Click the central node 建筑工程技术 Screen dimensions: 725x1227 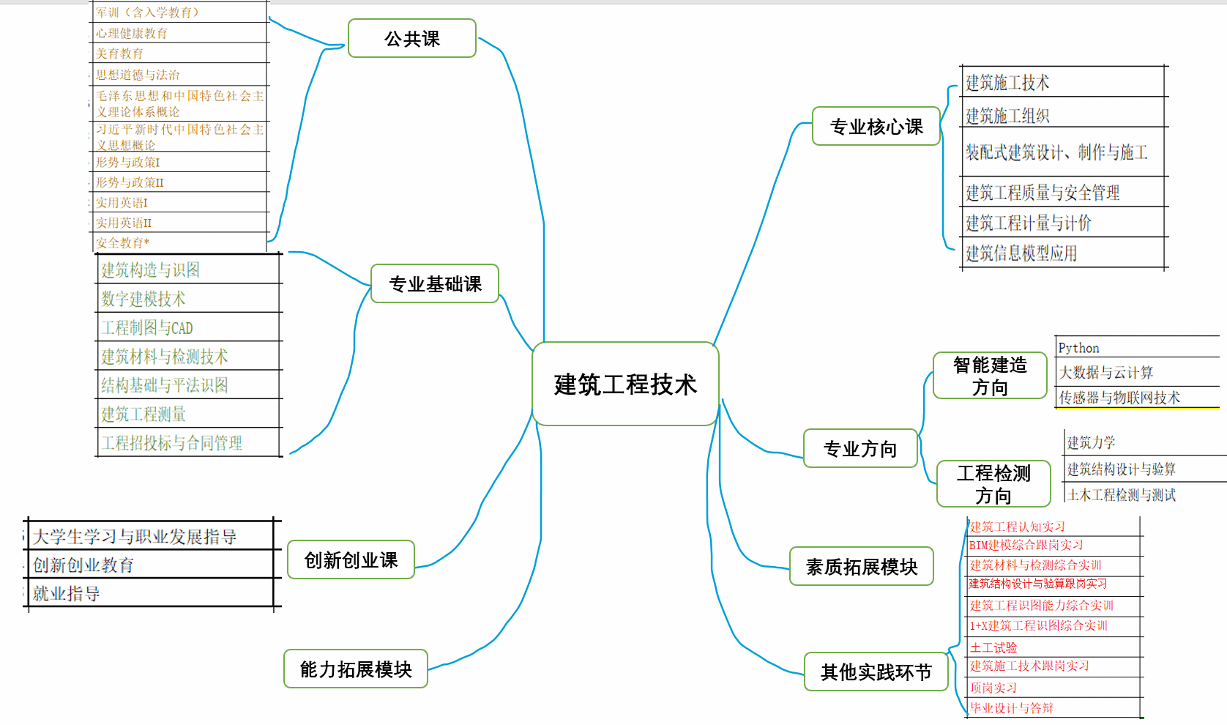(x=625, y=384)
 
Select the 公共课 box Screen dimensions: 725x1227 (x=412, y=39)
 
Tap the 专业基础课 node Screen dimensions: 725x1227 (x=435, y=284)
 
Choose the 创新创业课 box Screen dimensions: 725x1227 (x=351, y=560)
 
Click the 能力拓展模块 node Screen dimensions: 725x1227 (x=356, y=669)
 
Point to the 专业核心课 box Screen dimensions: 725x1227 (x=876, y=127)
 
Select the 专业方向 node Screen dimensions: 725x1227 (x=860, y=449)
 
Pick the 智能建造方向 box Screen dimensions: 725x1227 (x=990, y=376)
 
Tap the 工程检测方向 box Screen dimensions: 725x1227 (x=993, y=484)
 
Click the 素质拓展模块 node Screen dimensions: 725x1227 (x=862, y=567)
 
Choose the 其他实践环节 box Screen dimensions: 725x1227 (x=876, y=672)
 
